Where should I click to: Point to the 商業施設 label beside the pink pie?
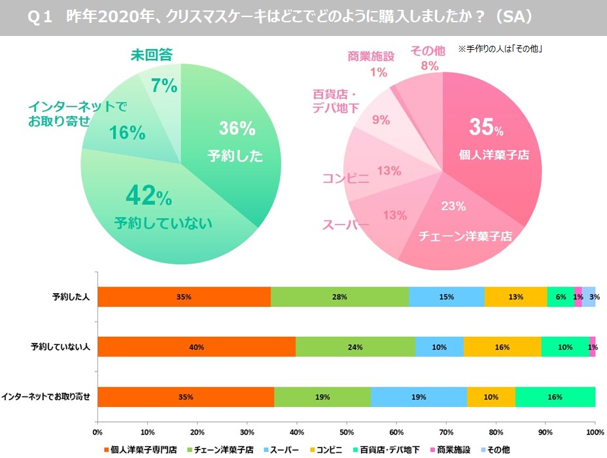(x=371, y=56)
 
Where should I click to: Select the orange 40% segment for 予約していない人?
(x=196, y=347)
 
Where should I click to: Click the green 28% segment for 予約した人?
(x=339, y=297)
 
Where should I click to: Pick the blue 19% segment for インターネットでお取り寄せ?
(x=419, y=397)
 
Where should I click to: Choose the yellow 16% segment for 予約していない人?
(x=502, y=347)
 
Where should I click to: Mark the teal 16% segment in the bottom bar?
(x=555, y=397)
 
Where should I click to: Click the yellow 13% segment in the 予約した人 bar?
(x=515, y=297)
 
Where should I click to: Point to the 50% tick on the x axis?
(x=347, y=432)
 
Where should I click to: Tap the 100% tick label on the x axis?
(x=595, y=432)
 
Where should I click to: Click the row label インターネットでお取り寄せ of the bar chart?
(x=46, y=396)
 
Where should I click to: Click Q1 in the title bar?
(x=41, y=18)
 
